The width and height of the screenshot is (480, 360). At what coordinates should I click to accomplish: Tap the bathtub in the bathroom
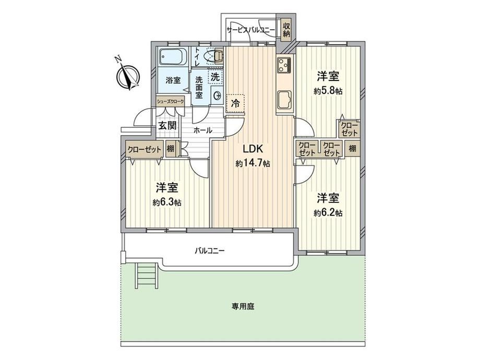click(x=173, y=57)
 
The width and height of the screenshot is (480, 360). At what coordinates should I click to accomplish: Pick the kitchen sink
click(x=285, y=100)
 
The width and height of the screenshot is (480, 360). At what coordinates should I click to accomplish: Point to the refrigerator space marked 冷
click(x=235, y=104)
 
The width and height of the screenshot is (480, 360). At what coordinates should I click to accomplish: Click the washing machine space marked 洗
click(x=215, y=77)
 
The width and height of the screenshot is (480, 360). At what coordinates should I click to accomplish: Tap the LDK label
click(x=253, y=149)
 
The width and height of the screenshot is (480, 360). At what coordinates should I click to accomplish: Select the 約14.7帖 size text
click(x=253, y=164)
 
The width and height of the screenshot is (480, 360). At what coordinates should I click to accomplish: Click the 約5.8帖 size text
click(x=328, y=91)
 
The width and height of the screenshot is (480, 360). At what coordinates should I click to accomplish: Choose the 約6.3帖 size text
click(x=167, y=202)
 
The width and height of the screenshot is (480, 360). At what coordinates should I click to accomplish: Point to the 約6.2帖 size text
click(x=328, y=213)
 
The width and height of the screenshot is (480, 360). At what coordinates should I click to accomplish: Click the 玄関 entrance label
click(x=167, y=125)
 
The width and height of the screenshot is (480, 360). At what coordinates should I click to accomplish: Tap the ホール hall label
click(x=202, y=130)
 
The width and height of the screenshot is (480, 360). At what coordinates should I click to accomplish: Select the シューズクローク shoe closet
click(x=170, y=101)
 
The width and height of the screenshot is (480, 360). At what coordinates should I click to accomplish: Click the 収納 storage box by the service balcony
click(x=286, y=30)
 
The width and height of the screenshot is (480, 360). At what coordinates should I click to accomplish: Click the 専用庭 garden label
click(x=243, y=306)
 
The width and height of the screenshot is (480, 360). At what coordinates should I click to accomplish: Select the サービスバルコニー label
click(x=251, y=29)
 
